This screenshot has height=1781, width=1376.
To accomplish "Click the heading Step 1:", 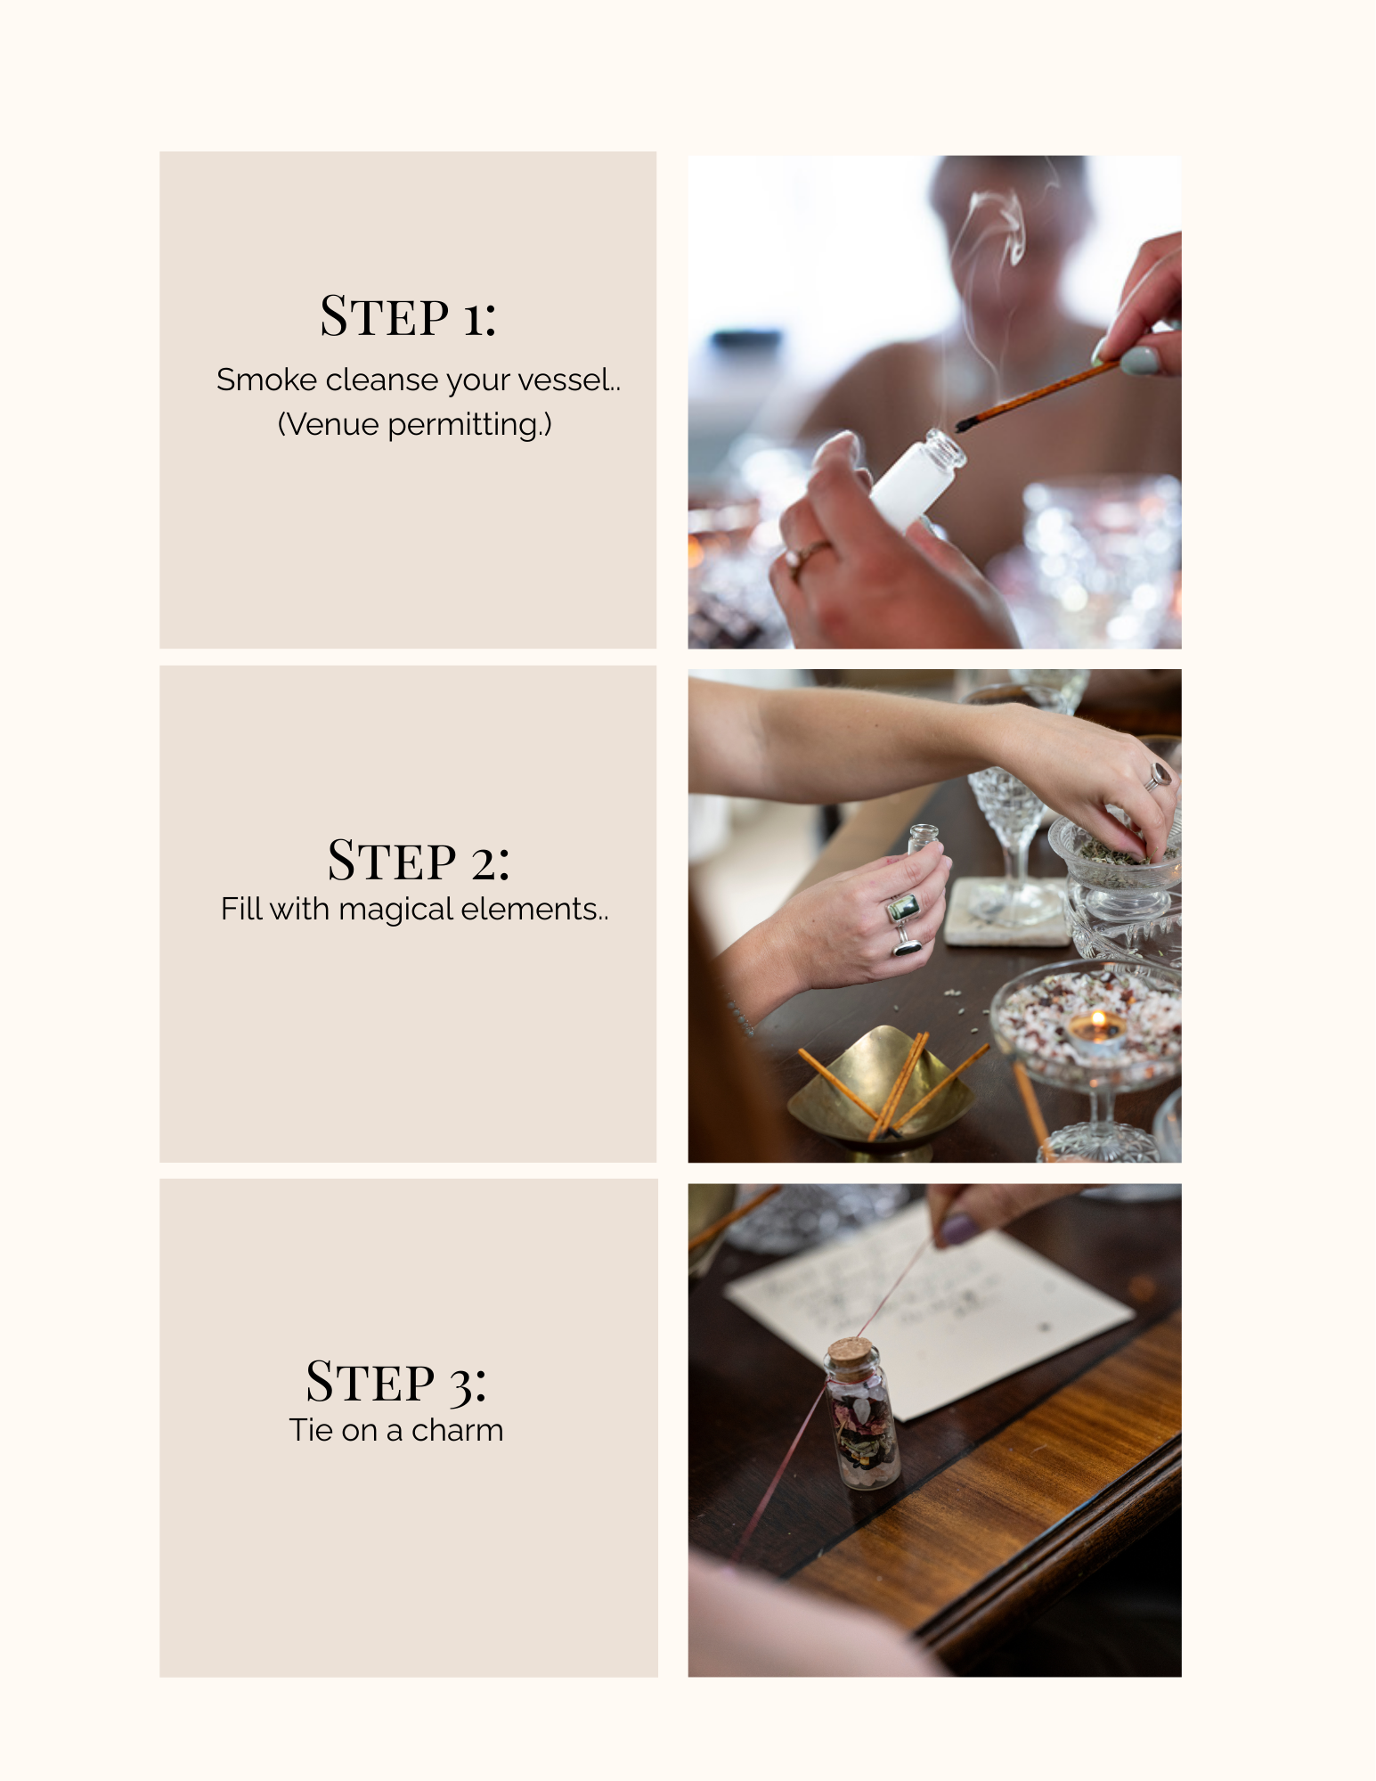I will pos(408,316).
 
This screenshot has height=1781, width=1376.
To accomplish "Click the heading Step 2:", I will pos(419,861).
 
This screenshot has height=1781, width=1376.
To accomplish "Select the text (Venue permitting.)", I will pos(414,425).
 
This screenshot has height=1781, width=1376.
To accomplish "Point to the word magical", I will pos(396,910).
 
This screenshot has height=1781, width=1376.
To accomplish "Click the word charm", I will pos(457,1430).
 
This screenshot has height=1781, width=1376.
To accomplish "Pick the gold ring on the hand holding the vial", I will pos(807,554).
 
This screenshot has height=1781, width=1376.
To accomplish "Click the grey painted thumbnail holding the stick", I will pos(1139,360).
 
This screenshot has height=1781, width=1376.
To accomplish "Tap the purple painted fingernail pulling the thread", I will pos(961,1230).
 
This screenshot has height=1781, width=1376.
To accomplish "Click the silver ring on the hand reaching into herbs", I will pos(1157,775).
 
